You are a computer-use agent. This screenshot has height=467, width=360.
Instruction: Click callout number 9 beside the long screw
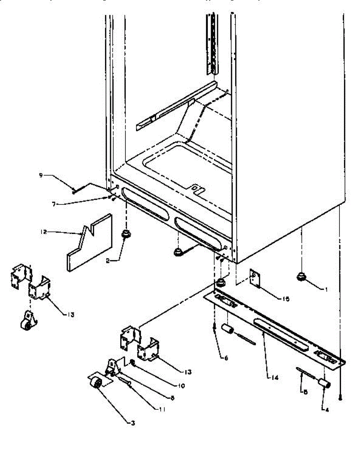(x=40, y=175)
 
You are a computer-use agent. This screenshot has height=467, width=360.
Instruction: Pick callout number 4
(x=326, y=409)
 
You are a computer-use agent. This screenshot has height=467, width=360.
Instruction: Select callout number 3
(x=133, y=423)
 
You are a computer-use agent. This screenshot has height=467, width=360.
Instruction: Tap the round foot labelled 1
(x=301, y=277)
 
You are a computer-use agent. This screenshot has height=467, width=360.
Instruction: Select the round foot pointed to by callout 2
(x=126, y=235)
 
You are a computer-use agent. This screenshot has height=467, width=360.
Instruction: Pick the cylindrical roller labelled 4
(x=325, y=384)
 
